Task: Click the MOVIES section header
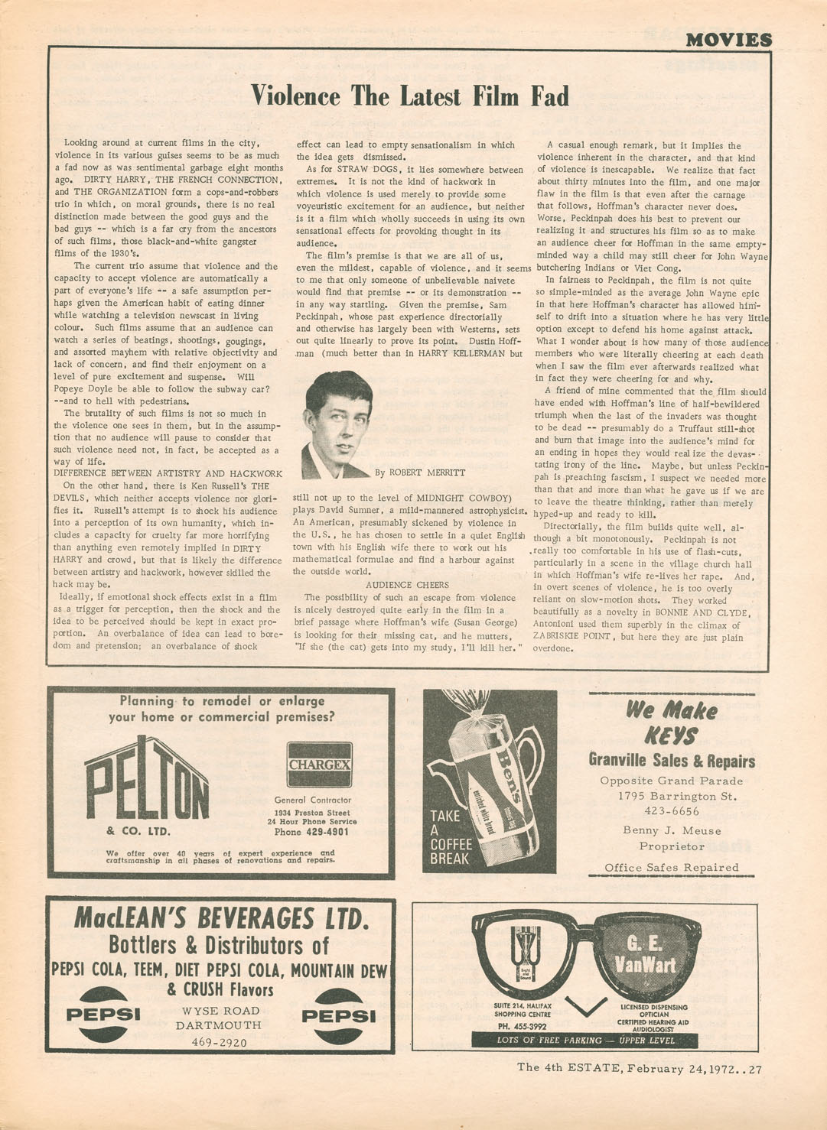point(728,39)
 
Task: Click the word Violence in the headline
point(295,96)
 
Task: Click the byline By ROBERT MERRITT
point(420,472)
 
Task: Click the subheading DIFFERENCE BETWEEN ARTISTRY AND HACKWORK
point(168,474)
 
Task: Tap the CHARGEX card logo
point(320,765)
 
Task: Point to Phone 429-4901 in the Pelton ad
point(311,832)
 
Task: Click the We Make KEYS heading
point(671,722)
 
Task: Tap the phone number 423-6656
point(672,811)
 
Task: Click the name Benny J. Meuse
point(672,831)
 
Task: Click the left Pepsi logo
point(103,1015)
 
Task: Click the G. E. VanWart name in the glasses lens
point(645,953)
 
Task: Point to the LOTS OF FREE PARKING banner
point(585,1041)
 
